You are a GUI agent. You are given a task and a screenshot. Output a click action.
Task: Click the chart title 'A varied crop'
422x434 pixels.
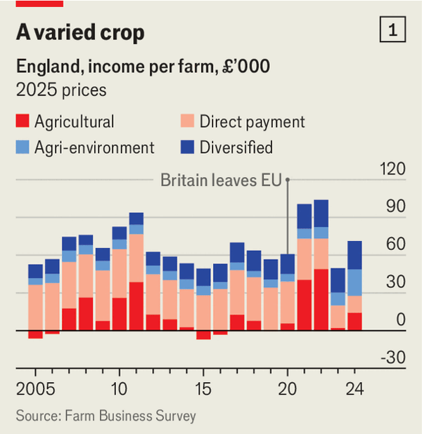[81, 33]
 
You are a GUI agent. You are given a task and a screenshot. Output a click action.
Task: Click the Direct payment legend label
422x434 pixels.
[252, 121]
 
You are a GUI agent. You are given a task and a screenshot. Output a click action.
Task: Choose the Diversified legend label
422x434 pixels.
[236, 147]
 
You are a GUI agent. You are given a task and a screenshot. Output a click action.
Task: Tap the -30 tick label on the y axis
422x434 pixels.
[393, 357]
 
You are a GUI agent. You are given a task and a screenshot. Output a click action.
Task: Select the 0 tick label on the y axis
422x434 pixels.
[400, 320]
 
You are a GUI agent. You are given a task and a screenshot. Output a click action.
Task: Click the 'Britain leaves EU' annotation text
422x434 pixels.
[221, 180]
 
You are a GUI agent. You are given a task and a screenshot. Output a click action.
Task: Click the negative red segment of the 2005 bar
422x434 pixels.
[35, 334]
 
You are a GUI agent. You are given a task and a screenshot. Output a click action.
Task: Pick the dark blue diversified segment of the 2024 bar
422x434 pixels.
[354, 255]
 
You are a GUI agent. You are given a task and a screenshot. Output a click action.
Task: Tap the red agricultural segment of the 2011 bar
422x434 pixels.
[136, 305]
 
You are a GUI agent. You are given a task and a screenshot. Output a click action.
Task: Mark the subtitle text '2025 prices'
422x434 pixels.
[61, 90]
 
